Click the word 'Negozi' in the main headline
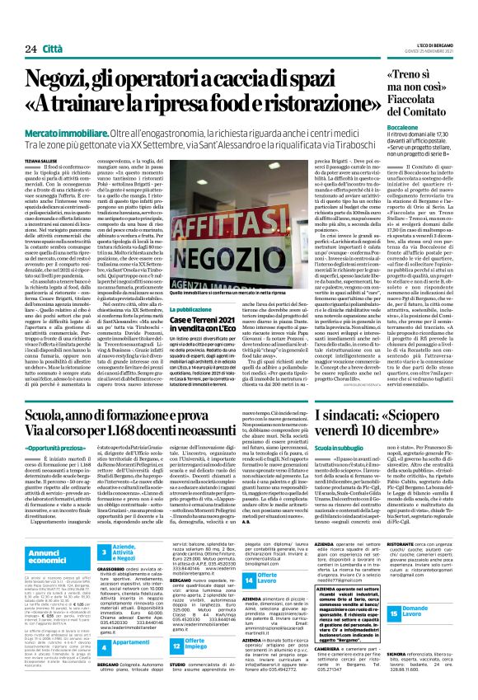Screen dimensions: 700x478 64,81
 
